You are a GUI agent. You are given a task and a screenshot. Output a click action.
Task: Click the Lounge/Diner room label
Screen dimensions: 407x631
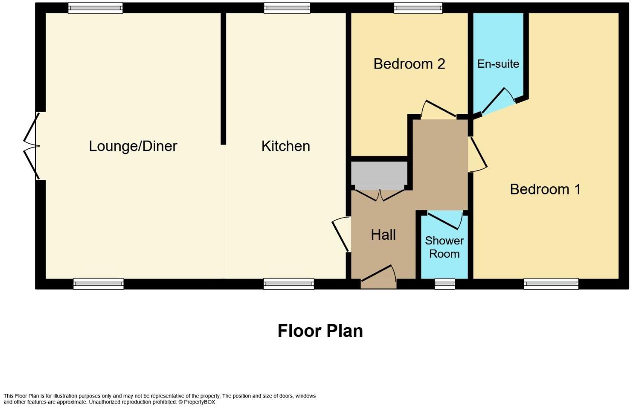(133, 146)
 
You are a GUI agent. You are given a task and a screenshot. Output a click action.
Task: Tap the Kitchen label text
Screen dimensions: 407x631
(285, 146)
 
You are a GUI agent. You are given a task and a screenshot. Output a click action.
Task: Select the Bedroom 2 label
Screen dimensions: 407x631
(409, 64)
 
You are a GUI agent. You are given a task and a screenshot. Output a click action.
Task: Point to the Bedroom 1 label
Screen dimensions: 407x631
(545, 189)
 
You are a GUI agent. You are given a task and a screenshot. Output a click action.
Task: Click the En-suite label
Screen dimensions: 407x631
(498, 64)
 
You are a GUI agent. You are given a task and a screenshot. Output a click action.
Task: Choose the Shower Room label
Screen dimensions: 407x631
(444, 247)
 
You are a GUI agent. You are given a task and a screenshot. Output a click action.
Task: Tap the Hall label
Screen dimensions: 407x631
(383, 235)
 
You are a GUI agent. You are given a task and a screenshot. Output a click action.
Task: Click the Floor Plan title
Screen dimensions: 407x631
(320, 331)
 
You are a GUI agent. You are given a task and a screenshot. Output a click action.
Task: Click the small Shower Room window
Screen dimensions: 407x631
(444, 284)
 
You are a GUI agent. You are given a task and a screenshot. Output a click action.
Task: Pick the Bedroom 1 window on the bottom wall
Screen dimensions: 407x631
(551, 284)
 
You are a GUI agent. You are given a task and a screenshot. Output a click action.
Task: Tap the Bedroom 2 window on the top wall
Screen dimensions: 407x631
(418, 8)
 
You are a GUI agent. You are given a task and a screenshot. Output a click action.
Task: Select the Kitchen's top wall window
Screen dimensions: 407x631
(287, 8)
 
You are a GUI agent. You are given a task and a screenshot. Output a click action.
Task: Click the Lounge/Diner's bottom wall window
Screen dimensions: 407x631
(98, 284)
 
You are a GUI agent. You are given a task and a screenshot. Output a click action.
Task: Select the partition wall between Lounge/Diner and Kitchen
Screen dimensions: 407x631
(223, 78)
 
